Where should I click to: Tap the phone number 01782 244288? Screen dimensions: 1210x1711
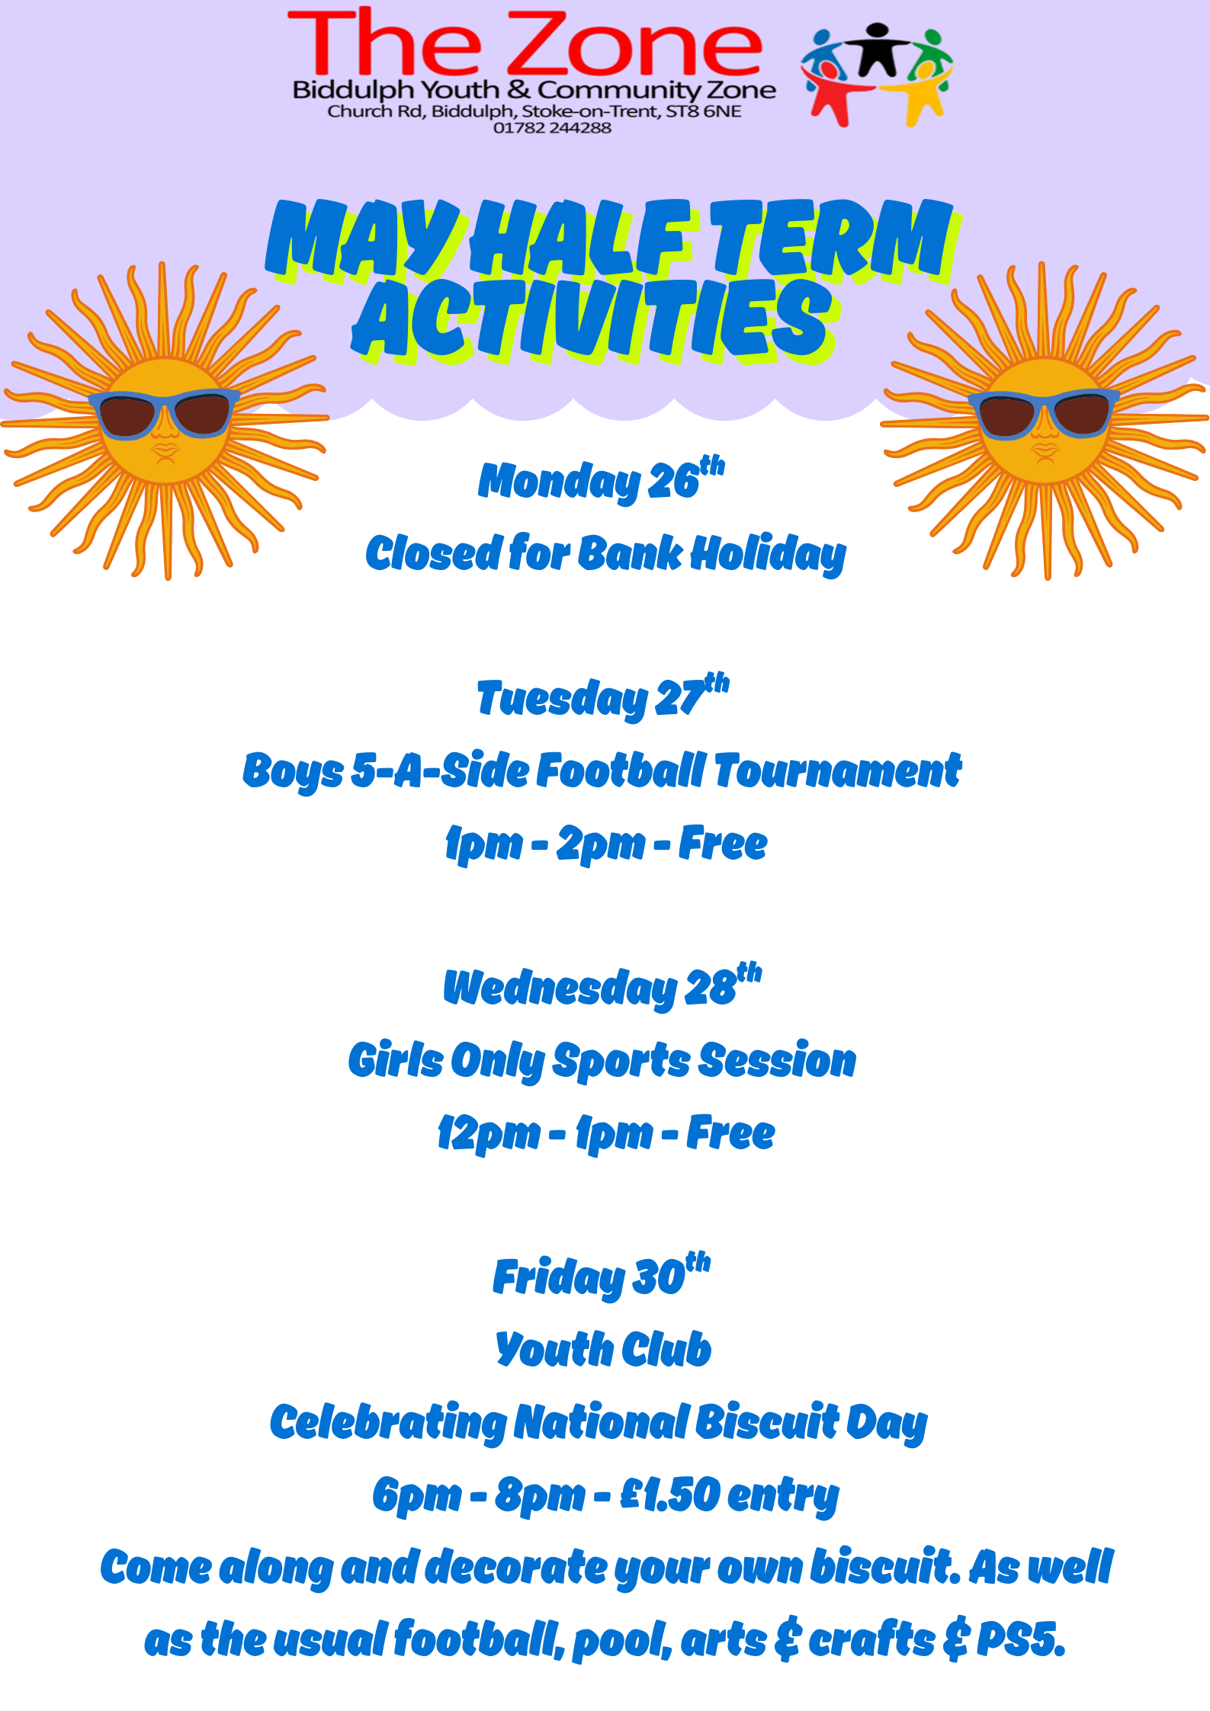(552, 128)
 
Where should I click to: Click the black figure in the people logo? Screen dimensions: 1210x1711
(877, 50)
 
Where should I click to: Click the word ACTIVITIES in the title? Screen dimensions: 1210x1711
(595, 320)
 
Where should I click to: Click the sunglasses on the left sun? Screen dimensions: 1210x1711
(164, 414)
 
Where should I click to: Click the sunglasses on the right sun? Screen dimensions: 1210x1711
(1044, 414)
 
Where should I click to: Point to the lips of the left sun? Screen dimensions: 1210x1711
(165, 453)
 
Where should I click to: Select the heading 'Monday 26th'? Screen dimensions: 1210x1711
(602, 479)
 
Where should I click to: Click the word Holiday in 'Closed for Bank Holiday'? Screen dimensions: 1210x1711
(769, 554)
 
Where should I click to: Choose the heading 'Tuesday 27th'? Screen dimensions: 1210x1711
(603, 697)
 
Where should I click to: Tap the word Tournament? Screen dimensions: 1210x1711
(838, 770)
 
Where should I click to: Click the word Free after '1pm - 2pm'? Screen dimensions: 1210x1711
(723, 843)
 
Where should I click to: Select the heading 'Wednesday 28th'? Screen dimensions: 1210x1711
(602, 985)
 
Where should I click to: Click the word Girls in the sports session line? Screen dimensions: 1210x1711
(396, 1059)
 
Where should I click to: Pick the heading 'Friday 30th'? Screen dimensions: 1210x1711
(602, 1276)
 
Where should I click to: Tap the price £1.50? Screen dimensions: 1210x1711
(670, 1494)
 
